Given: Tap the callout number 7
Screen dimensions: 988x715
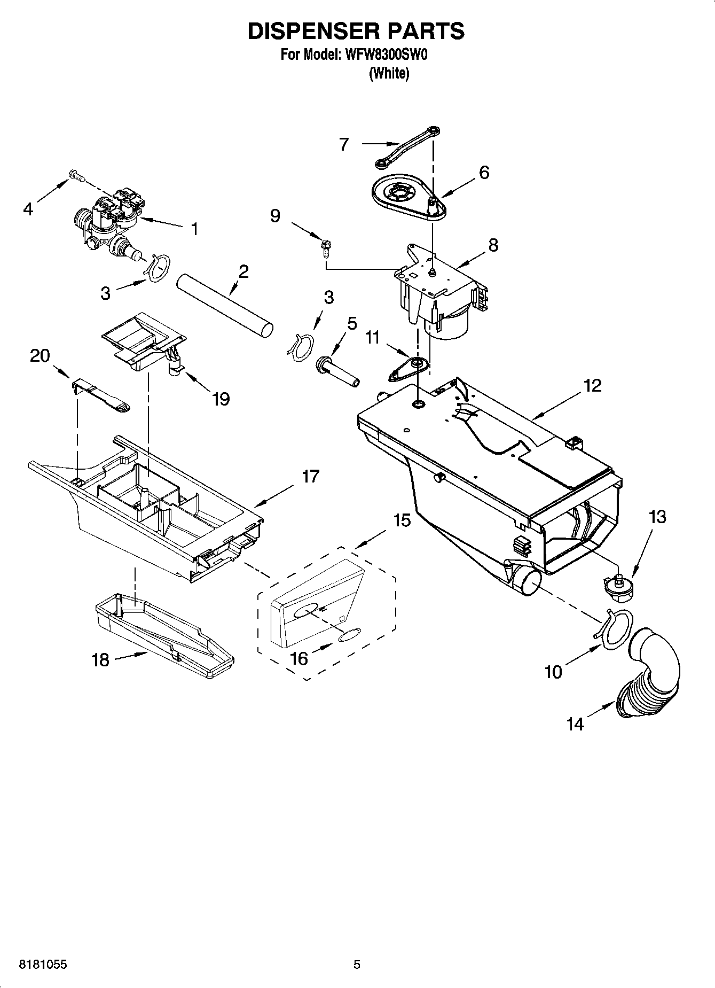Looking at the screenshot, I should pyautogui.click(x=344, y=144).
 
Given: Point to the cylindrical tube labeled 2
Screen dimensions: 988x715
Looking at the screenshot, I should pyautogui.click(x=224, y=306).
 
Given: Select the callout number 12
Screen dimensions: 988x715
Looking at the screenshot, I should pyautogui.click(x=593, y=385).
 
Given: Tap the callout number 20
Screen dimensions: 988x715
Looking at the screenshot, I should pyautogui.click(x=40, y=356).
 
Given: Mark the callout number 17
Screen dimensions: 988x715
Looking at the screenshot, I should pyautogui.click(x=310, y=476).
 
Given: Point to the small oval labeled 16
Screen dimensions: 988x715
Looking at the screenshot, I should pyautogui.click(x=349, y=635).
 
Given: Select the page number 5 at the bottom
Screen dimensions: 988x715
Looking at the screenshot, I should pyautogui.click(x=357, y=964).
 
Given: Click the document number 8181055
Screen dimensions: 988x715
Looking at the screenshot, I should pyautogui.click(x=43, y=964).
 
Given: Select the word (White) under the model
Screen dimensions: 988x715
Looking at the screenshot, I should pyautogui.click(x=389, y=74).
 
